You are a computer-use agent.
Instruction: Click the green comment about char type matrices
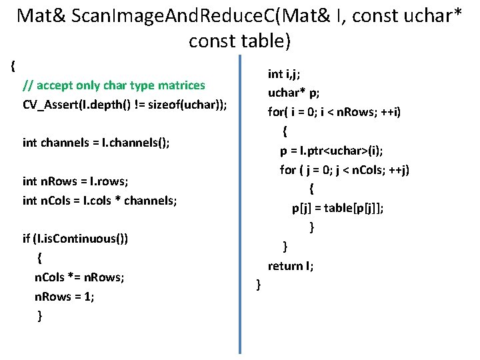[113, 85]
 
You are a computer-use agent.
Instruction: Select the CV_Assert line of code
[125, 105]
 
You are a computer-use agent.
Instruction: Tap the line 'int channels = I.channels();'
[96, 143]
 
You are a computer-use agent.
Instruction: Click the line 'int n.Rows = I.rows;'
[78, 181]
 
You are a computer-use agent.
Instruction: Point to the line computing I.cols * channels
[99, 200]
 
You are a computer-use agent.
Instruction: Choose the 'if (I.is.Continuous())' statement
[75, 239]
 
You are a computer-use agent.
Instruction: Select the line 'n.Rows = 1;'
[64, 296]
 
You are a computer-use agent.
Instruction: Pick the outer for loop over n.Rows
[334, 112]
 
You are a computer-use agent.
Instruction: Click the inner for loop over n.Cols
[345, 169]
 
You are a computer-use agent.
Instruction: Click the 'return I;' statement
[291, 266]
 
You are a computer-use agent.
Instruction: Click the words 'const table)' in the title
[240, 41]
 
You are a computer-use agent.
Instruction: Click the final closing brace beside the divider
[258, 285]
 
